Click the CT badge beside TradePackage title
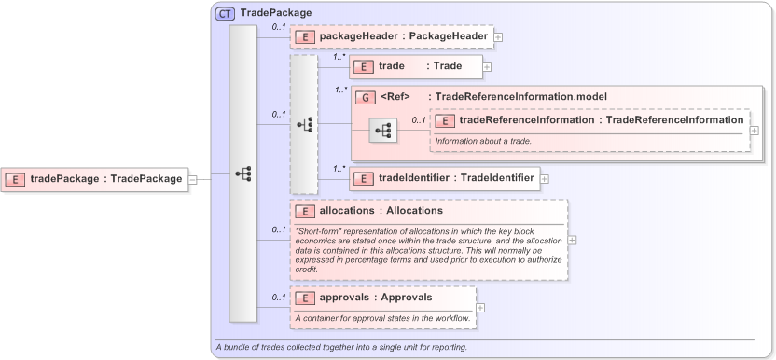point(225,14)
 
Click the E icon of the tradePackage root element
point(16,179)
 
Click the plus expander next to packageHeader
point(499,37)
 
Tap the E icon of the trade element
point(362,66)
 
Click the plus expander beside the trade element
point(487,67)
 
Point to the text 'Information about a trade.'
point(483,140)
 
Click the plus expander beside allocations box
point(572,240)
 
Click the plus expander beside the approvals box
point(480,308)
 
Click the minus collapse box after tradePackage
point(192,179)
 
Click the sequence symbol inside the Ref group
point(382,132)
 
